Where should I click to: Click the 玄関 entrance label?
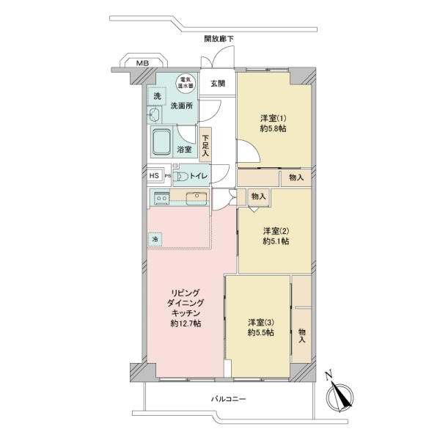click(x=218, y=84)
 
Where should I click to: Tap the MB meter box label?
click(x=142, y=63)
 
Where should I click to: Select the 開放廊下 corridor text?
click(x=219, y=39)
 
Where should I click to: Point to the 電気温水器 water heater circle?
click(x=186, y=83)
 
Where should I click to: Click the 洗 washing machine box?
click(x=157, y=96)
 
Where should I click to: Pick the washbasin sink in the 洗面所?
click(x=155, y=115)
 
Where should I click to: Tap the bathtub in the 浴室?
click(x=161, y=142)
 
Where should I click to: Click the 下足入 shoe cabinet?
click(x=205, y=144)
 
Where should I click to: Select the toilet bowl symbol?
click(x=180, y=176)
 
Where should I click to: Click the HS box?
click(x=154, y=176)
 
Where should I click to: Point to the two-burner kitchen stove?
click(x=161, y=198)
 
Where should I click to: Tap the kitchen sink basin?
click(x=197, y=198)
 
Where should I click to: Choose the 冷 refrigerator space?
click(x=155, y=239)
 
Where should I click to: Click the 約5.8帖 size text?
click(x=273, y=129)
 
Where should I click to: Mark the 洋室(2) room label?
click(x=276, y=231)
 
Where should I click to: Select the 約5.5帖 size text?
click(x=260, y=332)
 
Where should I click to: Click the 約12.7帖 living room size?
click(x=186, y=323)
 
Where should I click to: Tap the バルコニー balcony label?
click(x=228, y=399)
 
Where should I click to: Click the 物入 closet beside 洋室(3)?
click(x=301, y=320)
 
